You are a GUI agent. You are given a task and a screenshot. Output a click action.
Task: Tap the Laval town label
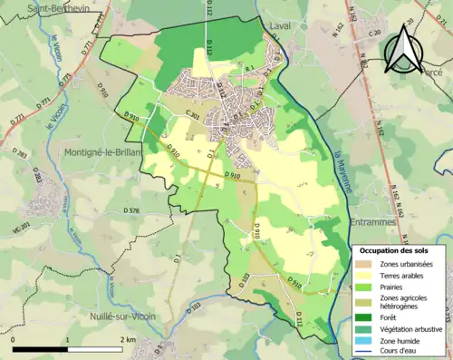[282, 27]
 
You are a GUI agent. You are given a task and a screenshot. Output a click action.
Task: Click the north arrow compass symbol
[402, 50]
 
